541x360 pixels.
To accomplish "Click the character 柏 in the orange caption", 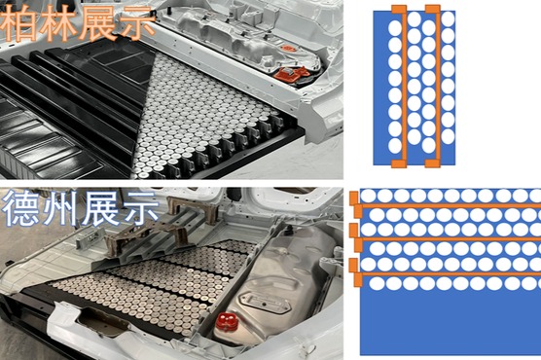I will click(21, 21).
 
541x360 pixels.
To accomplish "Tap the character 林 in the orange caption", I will click(60, 21).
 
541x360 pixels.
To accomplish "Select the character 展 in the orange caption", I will click(98, 21).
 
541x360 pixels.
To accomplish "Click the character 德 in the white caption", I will click(21, 209).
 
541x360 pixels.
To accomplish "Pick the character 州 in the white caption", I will click(61, 209).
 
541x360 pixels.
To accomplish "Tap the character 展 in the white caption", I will click(100, 209).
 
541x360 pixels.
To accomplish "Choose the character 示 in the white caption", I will click(139, 209).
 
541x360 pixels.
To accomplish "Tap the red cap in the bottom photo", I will click(224, 322).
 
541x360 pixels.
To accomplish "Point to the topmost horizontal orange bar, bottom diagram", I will click(448, 204).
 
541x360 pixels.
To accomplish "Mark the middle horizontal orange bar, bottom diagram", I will click(448, 238).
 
